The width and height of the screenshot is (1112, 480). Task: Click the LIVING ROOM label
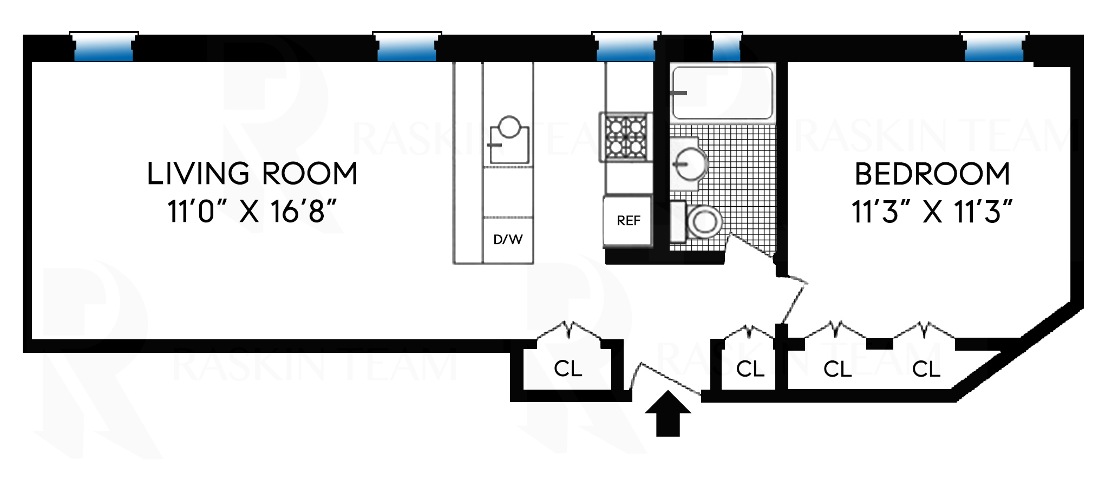pos(252,174)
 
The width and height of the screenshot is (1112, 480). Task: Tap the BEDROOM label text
pos(932,174)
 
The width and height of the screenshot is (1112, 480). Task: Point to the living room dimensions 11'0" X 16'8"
pos(252,212)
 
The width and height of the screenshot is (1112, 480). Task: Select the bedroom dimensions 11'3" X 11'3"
pos(932,212)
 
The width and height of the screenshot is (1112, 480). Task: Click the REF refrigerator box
pos(628,221)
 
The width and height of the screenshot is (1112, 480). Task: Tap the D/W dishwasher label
pos(508,240)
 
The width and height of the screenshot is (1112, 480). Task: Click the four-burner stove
pos(625,137)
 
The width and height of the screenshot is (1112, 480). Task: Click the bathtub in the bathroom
pos(722,92)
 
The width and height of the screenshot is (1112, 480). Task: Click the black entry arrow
pos(668,413)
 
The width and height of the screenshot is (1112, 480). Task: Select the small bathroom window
pos(726,48)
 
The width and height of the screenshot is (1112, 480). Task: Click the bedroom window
pos(994,48)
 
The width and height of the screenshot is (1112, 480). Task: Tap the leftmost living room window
pos(103,48)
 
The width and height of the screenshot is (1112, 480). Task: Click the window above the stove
pos(626,48)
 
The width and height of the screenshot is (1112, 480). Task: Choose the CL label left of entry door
pos(567,369)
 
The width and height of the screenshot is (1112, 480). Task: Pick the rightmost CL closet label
pos(926,370)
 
